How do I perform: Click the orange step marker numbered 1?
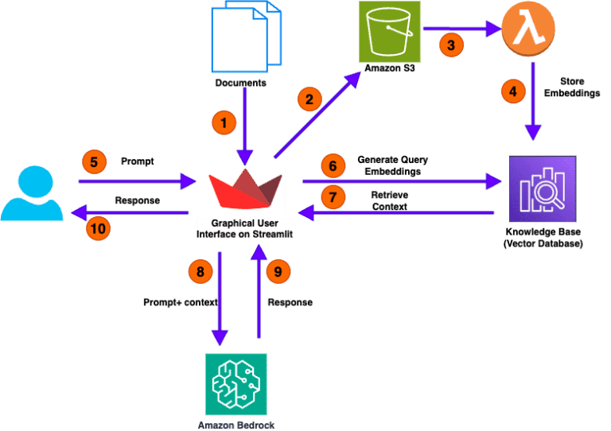pyautogui.click(x=224, y=123)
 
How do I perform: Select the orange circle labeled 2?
pyautogui.click(x=309, y=100)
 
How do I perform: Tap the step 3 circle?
pyautogui.click(x=450, y=45)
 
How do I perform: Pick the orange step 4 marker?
pyautogui.click(x=513, y=91)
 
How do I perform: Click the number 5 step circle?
pyautogui.click(x=94, y=163)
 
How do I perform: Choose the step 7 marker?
pyautogui.click(x=333, y=196)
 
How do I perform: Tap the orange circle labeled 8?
pyautogui.click(x=199, y=272)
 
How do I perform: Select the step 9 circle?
pyautogui.click(x=276, y=272)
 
